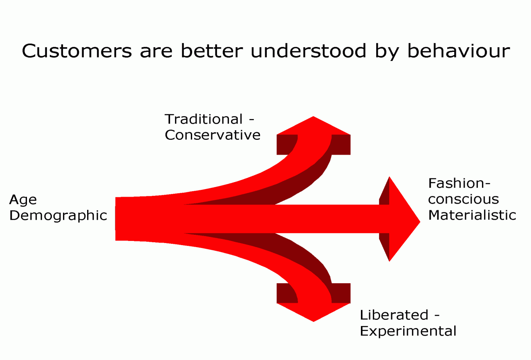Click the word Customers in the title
pos(77,51)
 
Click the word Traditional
pos(204,119)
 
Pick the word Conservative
pos(213,135)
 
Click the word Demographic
pos(58,216)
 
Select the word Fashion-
pos(459,183)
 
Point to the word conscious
pos(463,199)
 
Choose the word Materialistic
pos(472,215)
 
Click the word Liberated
pos(394,315)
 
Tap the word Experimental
pos(408,331)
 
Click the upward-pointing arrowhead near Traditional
pos(313,126)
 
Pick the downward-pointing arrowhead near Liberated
pos(313,312)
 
